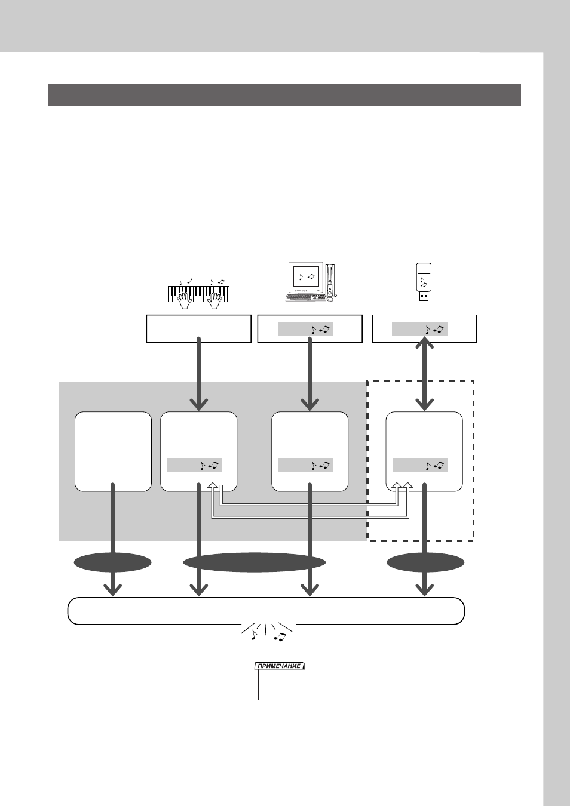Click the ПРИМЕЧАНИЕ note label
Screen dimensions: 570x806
coord(280,666)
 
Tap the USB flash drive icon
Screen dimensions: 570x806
coord(424,282)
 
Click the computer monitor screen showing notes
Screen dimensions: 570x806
coord(306,276)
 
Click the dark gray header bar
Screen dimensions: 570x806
coord(284,95)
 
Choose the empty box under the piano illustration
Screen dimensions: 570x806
coord(199,328)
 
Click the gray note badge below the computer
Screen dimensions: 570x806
coord(305,328)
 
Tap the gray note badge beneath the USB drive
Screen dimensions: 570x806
coord(419,328)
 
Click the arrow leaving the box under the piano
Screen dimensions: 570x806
coord(199,374)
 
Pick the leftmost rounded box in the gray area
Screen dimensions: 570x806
coord(113,451)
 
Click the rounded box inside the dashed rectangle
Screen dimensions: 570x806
coord(424,451)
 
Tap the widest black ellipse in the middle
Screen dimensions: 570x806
coord(254,562)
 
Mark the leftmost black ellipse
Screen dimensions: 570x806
coord(113,562)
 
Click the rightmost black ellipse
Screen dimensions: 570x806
coord(425,562)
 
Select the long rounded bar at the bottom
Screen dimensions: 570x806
coord(266,611)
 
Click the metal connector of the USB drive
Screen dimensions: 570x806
coord(424,297)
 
